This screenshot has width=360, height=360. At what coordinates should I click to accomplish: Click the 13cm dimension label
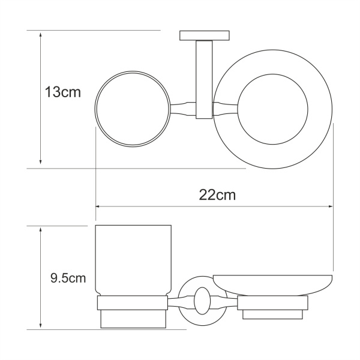62,93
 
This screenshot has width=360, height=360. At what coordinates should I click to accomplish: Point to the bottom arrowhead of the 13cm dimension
40,163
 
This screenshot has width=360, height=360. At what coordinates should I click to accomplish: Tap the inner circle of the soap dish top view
274,109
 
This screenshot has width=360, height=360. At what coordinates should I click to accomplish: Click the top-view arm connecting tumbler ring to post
182,110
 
